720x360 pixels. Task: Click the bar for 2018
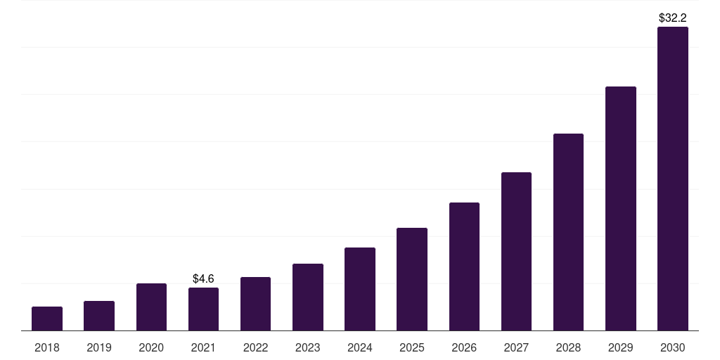(47, 319)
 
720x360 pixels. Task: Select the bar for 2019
(99, 316)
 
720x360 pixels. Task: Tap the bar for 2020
(151, 307)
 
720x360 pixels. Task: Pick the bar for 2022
(255, 304)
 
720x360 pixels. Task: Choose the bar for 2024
(360, 289)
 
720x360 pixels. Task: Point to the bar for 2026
(464, 266)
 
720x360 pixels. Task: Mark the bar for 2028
(568, 232)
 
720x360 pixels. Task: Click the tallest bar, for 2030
(673, 179)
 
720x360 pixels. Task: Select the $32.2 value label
(673, 17)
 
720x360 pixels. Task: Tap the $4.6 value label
(203, 278)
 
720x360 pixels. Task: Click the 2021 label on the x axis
(203, 347)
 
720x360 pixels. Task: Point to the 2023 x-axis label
(307, 347)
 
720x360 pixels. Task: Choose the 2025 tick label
(412, 347)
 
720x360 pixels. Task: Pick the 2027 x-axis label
(516, 347)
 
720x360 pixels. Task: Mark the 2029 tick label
(620, 347)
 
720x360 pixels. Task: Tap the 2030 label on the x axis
(673, 347)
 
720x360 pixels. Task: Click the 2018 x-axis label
(47, 347)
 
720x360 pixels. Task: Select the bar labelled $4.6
(203, 309)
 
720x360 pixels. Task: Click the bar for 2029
(620, 209)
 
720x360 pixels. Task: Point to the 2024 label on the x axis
(360, 347)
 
